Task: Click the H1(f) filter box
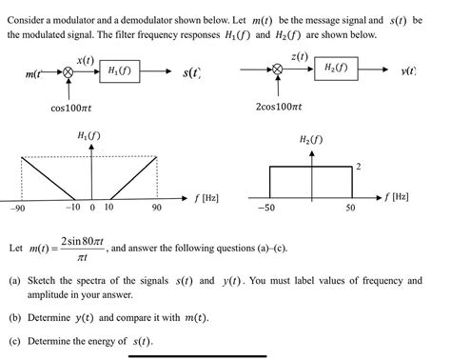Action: [x=121, y=71]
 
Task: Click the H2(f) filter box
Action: [x=336, y=69]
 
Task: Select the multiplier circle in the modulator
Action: [x=68, y=71]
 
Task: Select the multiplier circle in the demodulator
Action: [x=278, y=70]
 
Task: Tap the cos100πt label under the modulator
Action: [x=72, y=108]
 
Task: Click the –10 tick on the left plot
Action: [x=73, y=207]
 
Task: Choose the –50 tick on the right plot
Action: [x=269, y=207]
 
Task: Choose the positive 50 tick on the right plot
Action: [x=350, y=207]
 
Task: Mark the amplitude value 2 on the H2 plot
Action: [x=358, y=167]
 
